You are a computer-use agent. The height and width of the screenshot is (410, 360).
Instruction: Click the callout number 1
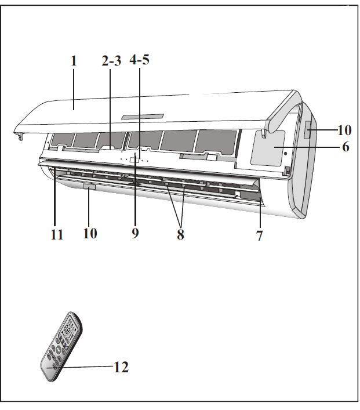(74, 61)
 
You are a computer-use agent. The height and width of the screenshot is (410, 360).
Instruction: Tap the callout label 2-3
(111, 61)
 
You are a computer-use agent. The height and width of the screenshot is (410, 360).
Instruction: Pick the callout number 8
(180, 234)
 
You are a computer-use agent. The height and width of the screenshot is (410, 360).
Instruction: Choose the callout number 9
(135, 233)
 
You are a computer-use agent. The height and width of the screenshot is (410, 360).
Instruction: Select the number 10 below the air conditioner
(90, 233)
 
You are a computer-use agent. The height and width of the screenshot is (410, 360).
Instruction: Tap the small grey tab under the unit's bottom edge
(89, 187)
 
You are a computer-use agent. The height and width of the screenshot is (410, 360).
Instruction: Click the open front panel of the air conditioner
(174, 104)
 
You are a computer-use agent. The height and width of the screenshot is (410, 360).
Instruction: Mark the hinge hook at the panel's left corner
(20, 135)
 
